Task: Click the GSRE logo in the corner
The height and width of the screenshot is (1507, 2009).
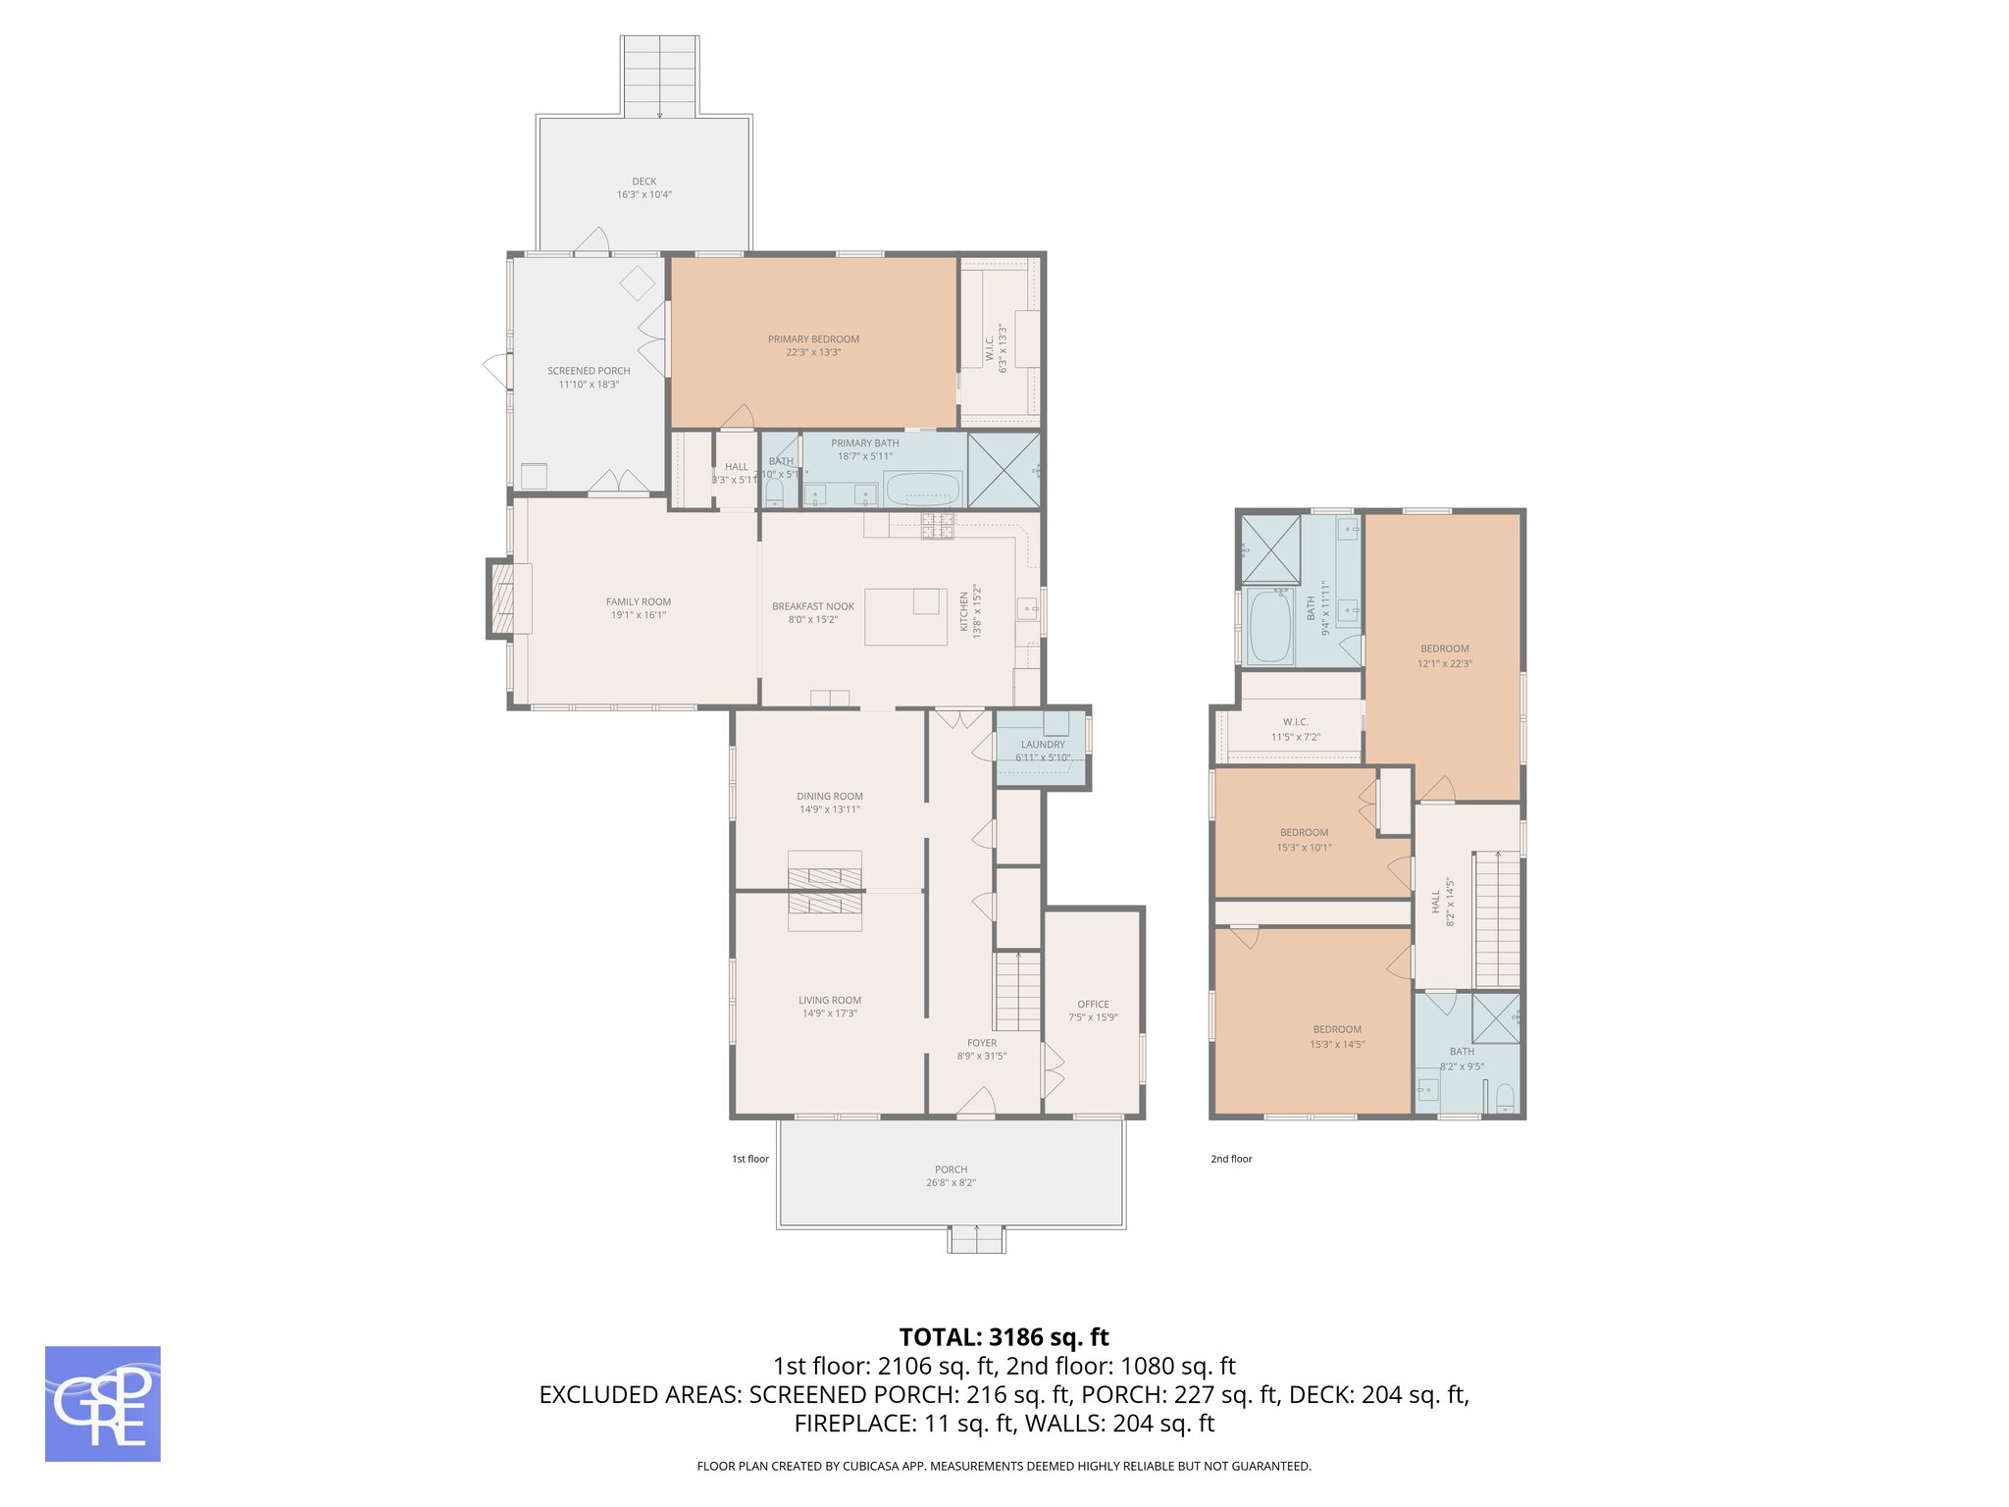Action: tap(102, 1403)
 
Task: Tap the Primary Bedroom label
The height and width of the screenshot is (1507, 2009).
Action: tap(813, 339)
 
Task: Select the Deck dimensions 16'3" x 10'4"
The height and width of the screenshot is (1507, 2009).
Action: tap(644, 195)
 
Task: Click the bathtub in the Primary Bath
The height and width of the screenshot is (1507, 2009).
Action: tap(922, 489)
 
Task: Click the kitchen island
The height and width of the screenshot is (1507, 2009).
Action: tap(904, 616)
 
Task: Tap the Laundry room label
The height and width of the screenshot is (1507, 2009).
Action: tap(1042, 745)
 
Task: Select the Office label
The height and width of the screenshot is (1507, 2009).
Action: tap(1093, 1005)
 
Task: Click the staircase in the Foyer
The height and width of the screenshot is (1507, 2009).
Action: tap(1018, 991)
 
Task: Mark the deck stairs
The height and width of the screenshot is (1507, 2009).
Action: tap(659, 77)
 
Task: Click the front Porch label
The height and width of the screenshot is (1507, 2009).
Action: tap(951, 1169)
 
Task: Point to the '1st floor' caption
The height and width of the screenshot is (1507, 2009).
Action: tap(750, 1159)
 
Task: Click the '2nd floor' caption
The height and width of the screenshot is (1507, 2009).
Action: tap(1231, 1159)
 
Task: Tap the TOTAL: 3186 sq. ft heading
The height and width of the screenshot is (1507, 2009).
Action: tap(1004, 1337)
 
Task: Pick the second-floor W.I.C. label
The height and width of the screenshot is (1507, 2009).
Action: tap(1295, 722)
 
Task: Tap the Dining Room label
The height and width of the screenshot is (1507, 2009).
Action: tap(830, 797)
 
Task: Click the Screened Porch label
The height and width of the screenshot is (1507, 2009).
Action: tap(589, 371)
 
